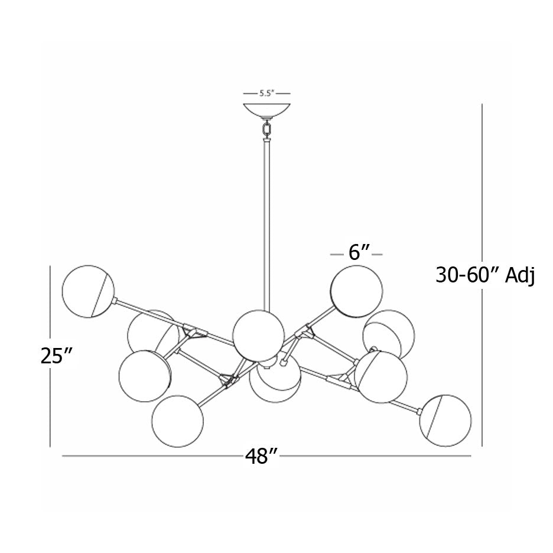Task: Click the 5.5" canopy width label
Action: tap(266, 93)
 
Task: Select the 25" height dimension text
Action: tap(57, 356)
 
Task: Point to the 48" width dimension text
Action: tap(262, 456)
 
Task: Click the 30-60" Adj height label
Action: tap(485, 275)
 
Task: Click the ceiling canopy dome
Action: tap(267, 110)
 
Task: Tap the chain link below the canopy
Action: tap(267, 128)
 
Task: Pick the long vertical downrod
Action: tap(267, 226)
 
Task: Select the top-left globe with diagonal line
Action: tap(88, 291)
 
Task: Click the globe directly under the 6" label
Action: tap(356, 291)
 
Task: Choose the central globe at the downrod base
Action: tap(259, 336)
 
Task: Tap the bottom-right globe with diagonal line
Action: tap(445, 421)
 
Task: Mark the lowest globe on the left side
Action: tap(178, 421)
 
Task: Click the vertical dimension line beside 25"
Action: tap(50, 356)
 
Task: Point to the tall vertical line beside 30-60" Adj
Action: tap(482, 275)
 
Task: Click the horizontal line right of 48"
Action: tap(375, 456)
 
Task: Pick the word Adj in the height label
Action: tap(520, 276)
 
